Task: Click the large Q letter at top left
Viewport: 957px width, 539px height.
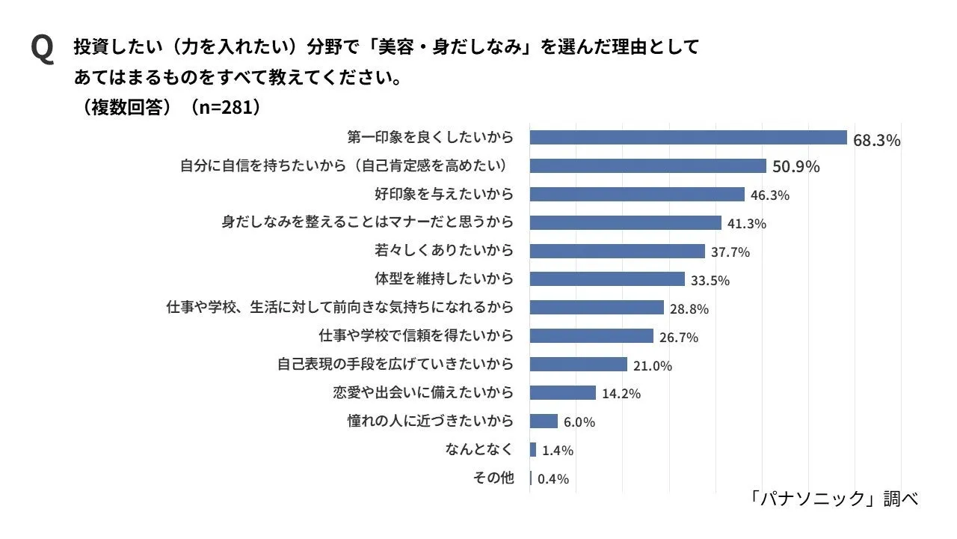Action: point(42,49)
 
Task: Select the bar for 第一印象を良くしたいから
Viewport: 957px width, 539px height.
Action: point(688,138)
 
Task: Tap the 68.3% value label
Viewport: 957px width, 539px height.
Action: point(876,140)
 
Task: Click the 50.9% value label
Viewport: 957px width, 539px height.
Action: point(796,167)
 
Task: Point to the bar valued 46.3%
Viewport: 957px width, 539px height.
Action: point(637,194)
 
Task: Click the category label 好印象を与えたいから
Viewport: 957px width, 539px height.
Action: point(444,194)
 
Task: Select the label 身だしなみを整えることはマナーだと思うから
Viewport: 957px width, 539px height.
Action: point(368,222)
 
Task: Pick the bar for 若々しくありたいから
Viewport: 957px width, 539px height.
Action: point(617,251)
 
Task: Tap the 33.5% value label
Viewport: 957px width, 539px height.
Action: point(710,281)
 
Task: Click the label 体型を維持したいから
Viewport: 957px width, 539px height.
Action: point(444,278)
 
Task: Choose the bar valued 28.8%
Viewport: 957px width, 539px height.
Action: point(597,307)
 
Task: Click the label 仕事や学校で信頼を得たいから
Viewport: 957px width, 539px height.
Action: point(416,335)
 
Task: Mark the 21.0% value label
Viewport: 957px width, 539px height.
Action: point(653,366)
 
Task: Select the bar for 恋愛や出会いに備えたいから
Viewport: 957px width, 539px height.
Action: point(563,392)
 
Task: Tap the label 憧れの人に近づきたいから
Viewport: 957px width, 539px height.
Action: point(431,421)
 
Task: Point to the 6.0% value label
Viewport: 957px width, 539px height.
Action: point(579,422)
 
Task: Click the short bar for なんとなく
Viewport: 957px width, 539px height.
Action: point(533,449)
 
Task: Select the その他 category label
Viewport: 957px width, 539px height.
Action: point(493,478)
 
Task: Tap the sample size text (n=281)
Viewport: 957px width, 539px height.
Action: point(226,107)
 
